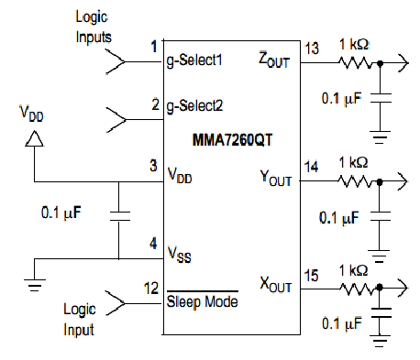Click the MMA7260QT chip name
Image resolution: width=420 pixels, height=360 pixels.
click(232, 140)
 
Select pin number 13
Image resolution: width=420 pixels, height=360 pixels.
click(312, 49)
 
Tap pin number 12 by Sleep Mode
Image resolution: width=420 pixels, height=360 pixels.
click(151, 289)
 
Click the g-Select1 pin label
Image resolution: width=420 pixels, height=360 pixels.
click(194, 60)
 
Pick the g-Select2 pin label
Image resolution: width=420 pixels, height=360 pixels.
click(194, 106)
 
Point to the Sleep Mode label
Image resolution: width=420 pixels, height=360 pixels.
click(202, 301)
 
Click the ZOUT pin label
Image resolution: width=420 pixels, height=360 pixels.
click(274, 60)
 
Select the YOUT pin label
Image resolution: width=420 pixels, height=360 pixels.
click(276, 178)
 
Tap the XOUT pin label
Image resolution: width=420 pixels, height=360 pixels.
click(276, 284)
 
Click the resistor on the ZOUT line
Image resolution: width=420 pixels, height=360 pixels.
click(355, 63)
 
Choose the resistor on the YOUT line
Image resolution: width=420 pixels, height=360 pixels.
click(355, 181)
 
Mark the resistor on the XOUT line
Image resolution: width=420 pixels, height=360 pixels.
click(356, 289)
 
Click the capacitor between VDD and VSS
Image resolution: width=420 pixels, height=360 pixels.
click(119, 216)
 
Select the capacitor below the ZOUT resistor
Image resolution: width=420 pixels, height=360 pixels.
click(381, 98)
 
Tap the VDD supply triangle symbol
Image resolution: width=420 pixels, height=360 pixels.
click(34, 138)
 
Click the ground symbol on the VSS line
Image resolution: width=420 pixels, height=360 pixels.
click(35, 285)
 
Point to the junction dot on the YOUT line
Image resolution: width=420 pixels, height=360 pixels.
click(380, 182)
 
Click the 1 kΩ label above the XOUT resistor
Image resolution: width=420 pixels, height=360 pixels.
click(353, 270)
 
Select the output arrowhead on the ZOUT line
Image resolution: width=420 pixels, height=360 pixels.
click(403, 63)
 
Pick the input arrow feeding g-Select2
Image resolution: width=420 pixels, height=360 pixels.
click(116, 119)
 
